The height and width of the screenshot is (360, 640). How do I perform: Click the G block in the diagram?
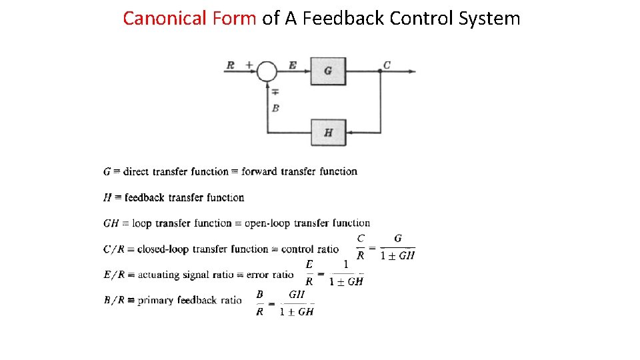328,71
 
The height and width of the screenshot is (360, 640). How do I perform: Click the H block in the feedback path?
328,132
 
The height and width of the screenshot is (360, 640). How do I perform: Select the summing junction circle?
267,71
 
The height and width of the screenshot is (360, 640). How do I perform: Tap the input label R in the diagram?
231,65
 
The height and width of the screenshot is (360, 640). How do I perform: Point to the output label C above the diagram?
387,65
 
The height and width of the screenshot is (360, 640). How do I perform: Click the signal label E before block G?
293,65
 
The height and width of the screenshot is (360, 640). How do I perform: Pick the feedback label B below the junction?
275,107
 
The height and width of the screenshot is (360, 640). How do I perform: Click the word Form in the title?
234,18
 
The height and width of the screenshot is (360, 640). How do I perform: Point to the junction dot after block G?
380,71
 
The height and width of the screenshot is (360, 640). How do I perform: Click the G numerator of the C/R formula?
398,239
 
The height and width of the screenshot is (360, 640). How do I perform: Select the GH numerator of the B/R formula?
297,294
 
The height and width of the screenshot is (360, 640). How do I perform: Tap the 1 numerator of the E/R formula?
345,265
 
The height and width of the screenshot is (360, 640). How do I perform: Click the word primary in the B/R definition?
155,300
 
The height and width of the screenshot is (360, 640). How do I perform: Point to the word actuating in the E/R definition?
158,275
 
